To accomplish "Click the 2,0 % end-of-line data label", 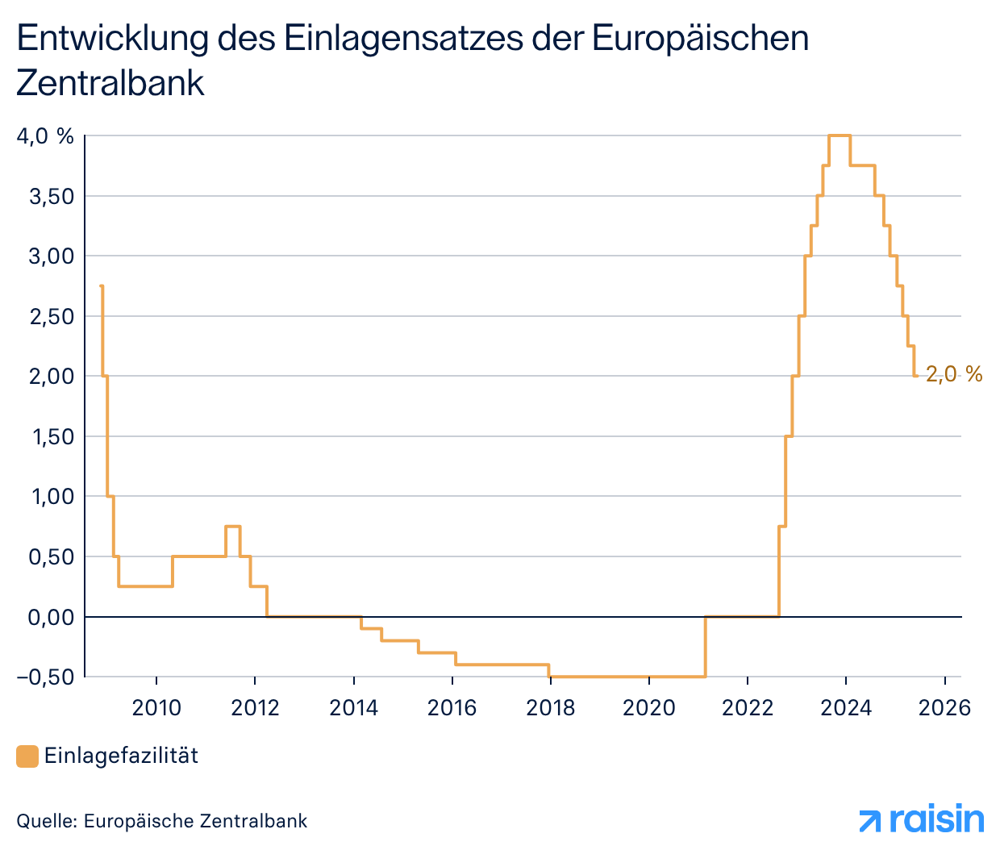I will [954, 374].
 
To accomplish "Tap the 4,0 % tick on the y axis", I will [45, 136].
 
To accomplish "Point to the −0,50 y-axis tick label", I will [45, 677].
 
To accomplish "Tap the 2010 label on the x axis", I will [156, 708].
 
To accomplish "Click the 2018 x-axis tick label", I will [551, 708].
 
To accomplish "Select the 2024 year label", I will [846, 708].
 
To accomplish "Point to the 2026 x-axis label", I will [944, 708].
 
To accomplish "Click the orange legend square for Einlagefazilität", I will [27, 756].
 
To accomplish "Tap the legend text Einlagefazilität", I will [121, 756].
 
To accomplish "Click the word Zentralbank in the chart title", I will [110, 83].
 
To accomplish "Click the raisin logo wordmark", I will [936, 819].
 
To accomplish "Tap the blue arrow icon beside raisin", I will [871, 821].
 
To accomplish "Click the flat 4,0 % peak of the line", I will [840, 135].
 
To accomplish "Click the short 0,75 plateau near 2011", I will [233, 526].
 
